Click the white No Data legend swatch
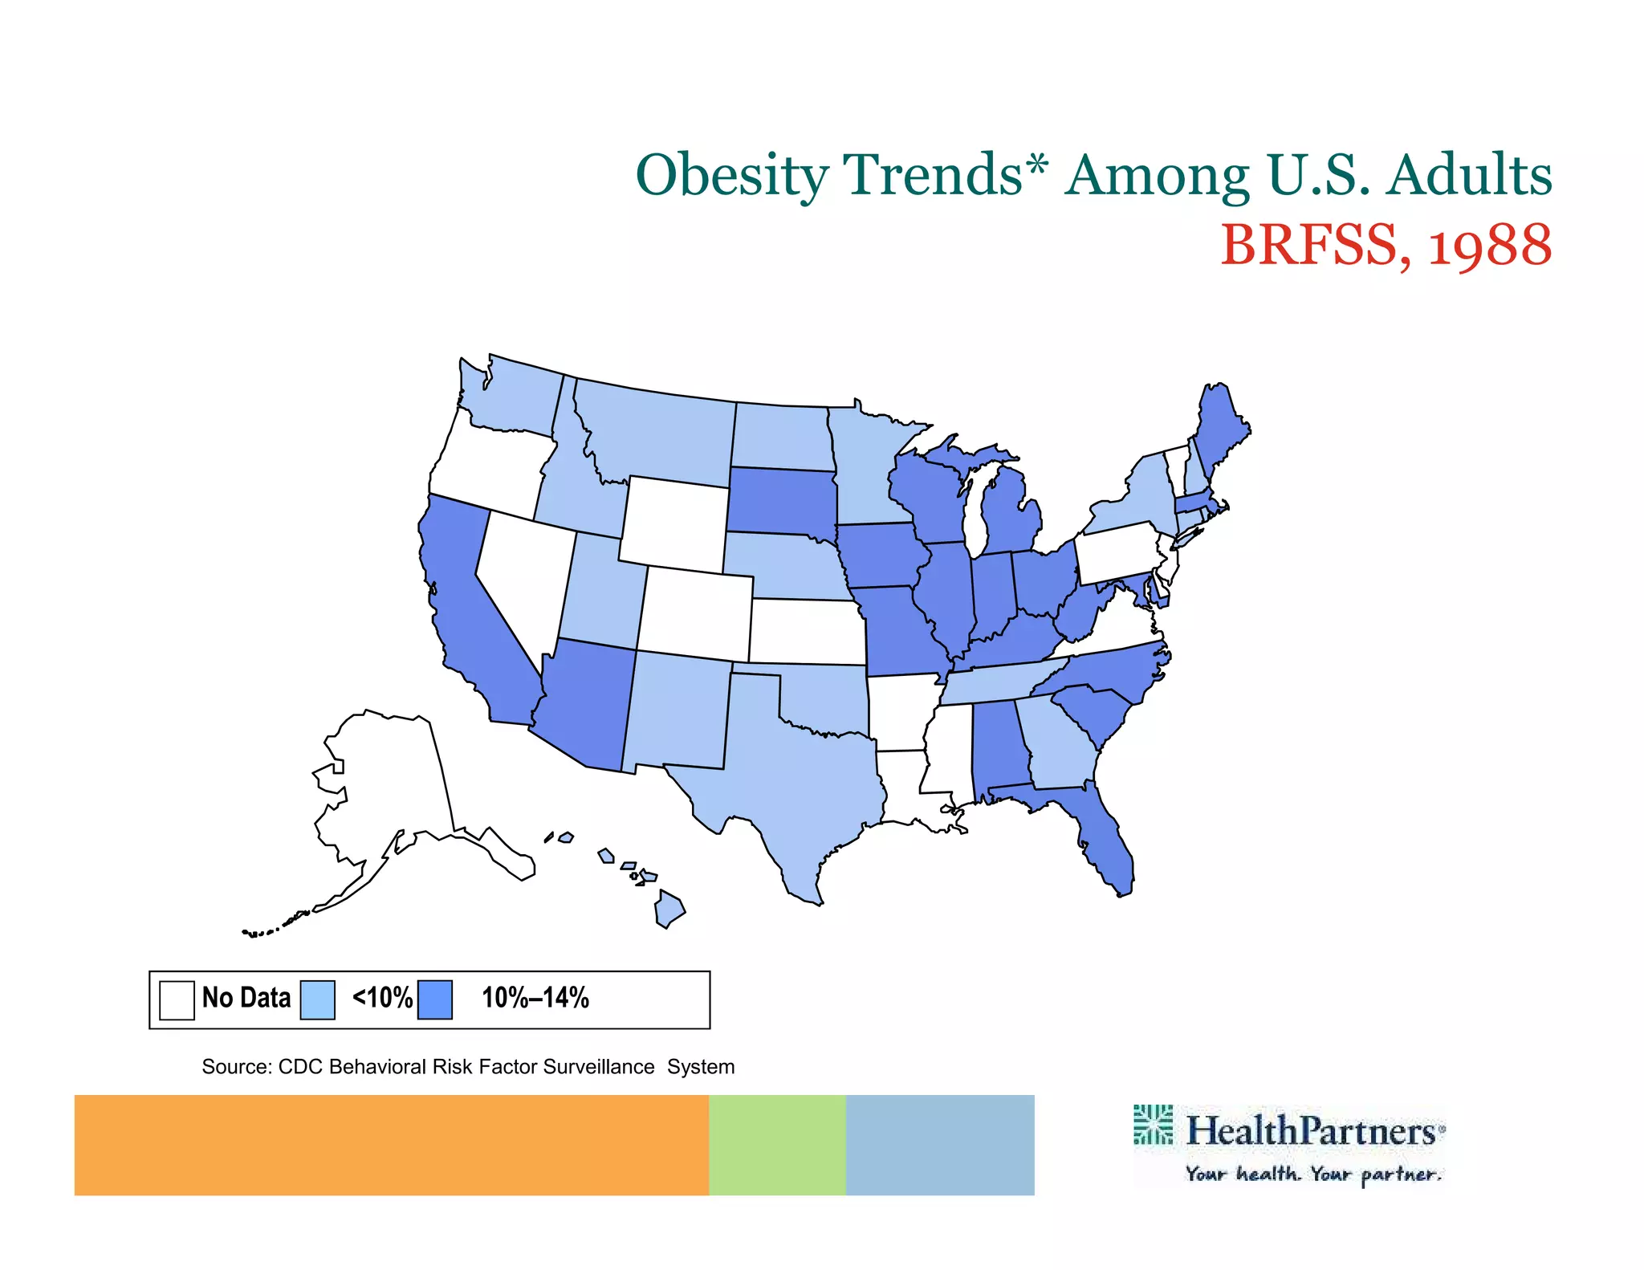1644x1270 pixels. pos(177,999)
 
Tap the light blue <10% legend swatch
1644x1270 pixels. pos(317,999)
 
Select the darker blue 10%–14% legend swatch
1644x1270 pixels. pos(435,999)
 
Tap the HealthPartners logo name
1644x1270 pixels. pos(1310,1131)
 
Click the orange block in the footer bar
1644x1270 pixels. pos(391,1145)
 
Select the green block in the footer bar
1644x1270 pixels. pos(777,1145)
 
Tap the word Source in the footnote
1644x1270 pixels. pos(236,1067)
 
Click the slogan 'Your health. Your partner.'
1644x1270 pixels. pos(1313,1174)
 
